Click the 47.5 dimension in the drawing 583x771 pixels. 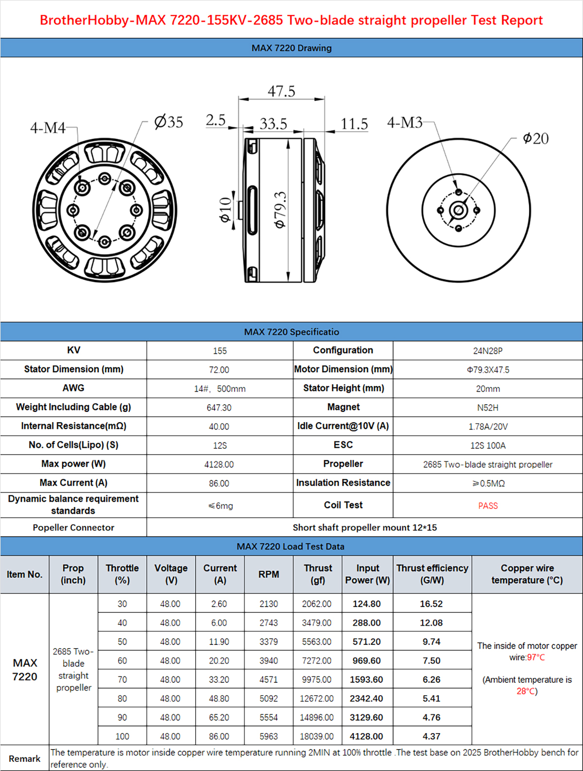[281, 91]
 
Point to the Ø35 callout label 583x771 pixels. [169, 121]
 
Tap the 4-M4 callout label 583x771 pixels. [48, 128]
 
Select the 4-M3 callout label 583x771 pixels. [405, 122]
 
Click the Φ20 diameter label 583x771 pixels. [535, 139]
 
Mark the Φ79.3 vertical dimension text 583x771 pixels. [281, 210]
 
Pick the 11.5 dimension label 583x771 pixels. [354, 124]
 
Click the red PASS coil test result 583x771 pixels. [488, 506]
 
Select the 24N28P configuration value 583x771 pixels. [488, 351]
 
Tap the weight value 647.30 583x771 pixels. [219, 408]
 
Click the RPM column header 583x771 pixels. [269, 574]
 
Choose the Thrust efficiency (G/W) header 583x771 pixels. [432, 574]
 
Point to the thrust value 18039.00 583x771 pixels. [317, 737]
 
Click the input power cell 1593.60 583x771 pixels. [366, 680]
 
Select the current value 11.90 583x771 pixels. [219, 642]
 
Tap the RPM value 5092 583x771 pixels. [269, 699]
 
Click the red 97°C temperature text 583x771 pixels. [536, 658]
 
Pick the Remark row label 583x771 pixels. [25, 759]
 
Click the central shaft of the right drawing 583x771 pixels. [459, 210]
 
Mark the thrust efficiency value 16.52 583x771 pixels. [431, 604]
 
